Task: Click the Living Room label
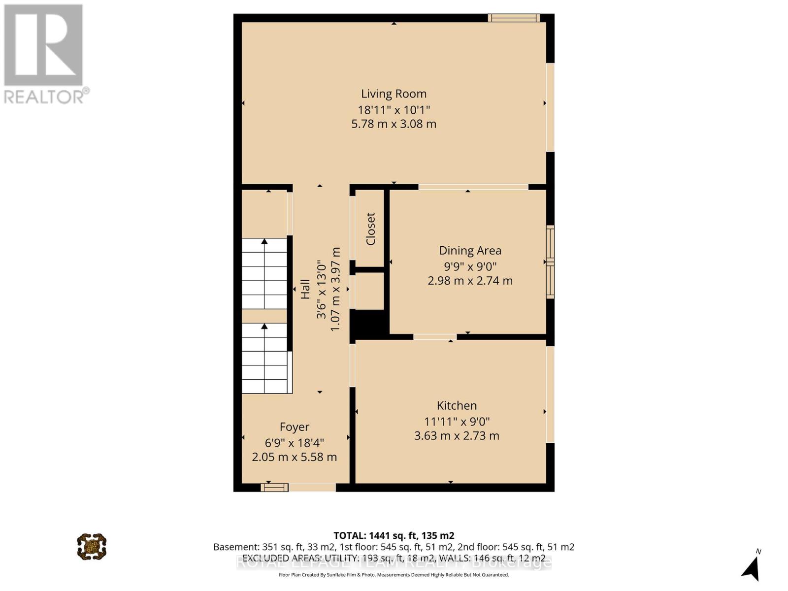[x=394, y=94]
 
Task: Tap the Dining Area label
[x=470, y=250]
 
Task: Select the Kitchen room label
[x=457, y=405]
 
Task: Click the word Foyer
[x=295, y=427]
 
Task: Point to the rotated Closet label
[x=370, y=229]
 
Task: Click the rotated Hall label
[x=305, y=289]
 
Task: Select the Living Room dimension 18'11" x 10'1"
[x=394, y=110]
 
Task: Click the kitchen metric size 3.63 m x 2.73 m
[x=457, y=436]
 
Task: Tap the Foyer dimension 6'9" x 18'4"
[x=295, y=442]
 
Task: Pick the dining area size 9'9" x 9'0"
[x=470, y=266]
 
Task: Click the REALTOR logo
[x=44, y=54]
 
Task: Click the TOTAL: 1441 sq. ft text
[x=394, y=535]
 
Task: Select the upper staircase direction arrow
[x=264, y=242]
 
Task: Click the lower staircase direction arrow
[x=264, y=327]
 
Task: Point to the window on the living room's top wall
[x=514, y=18]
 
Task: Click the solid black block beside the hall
[x=368, y=325]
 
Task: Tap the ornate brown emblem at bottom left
[x=92, y=546]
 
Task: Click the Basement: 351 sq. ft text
[x=274, y=547]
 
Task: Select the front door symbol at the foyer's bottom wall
[x=274, y=488]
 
